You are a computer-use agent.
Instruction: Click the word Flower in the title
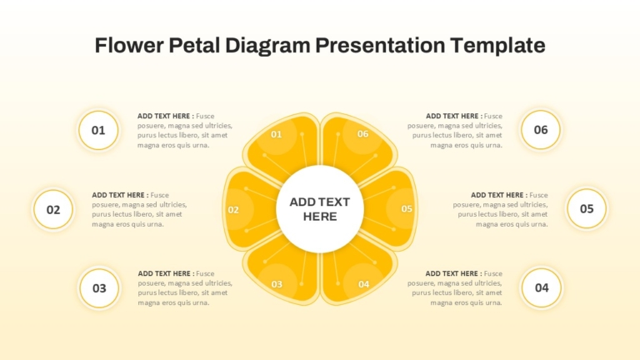coord(129,45)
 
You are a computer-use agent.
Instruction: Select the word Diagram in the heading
coord(267,46)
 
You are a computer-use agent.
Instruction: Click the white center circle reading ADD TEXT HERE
coord(320,209)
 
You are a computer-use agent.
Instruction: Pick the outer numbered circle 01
coord(98,130)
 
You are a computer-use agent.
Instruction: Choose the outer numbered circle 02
coord(53,209)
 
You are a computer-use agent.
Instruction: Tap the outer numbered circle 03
coord(99,288)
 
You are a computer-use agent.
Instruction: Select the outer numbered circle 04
coord(542,287)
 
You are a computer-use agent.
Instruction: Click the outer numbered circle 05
coord(587,208)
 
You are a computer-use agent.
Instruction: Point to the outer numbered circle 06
coord(541,130)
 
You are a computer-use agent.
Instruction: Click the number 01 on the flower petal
coord(277,134)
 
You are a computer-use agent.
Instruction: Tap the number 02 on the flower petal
coord(233,210)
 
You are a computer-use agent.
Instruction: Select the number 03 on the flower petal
coord(277,284)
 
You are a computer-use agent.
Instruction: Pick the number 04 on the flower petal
coord(363,284)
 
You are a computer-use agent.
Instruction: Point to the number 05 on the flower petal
coord(407,209)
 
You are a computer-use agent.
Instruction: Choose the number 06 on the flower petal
coord(362,134)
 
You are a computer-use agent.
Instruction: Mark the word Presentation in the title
coord(380,45)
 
